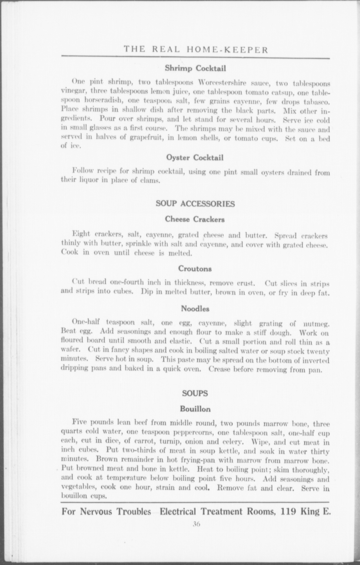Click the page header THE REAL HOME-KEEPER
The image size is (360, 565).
tap(196, 50)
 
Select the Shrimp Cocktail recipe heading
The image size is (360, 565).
tap(195, 68)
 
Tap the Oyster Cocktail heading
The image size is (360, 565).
tap(195, 158)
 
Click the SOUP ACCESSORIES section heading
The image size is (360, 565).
tap(195, 204)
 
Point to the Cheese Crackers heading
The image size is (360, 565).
tap(195, 219)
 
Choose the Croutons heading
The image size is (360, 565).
tap(195, 268)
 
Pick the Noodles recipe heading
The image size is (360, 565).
tap(195, 309)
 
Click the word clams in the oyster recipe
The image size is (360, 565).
tap(151, 181)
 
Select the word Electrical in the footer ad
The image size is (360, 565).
tap(178, 512)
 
